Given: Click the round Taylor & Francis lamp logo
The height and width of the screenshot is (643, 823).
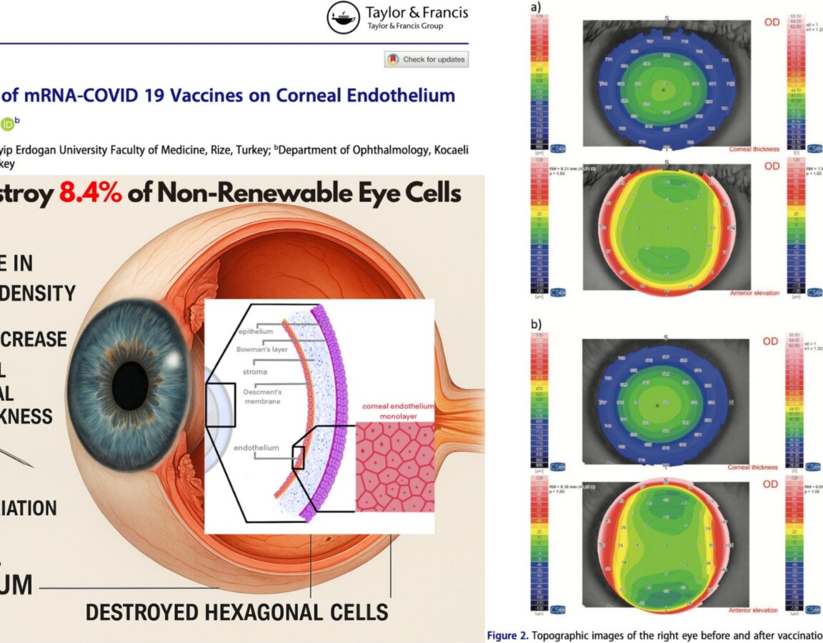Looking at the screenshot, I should pyautogui.click(x=344, y=18).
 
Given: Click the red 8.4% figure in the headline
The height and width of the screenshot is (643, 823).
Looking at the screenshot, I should pyautogui.click(x=91, y=193).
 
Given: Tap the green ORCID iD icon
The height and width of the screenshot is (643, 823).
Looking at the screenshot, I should pyautogui.click(x=8, y=123).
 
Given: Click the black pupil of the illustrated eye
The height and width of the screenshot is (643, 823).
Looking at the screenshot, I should pyautogui.click(x=131, y=375).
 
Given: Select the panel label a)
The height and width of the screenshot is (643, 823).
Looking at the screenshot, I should pyautogui.click(x=536, y=8).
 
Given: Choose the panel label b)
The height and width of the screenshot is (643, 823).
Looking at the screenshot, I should pyautogui.click(x=536, y=324).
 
